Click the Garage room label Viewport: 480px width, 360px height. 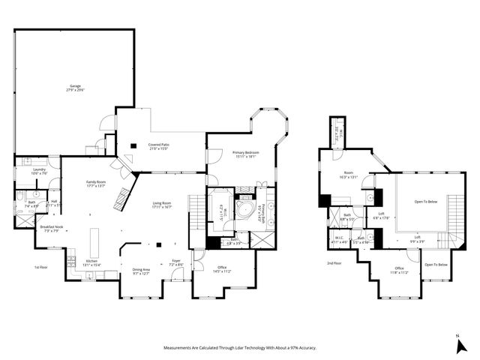tap(75, 86)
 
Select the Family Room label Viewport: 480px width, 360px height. tap(96, 182)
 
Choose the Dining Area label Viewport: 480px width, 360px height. tap(141, 269)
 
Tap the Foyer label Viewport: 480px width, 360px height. tap(176, 262)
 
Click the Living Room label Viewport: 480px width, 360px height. tap(163, 203)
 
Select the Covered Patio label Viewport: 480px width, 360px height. tap(157, 145)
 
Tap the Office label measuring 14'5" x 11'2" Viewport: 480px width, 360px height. tap(223, 268)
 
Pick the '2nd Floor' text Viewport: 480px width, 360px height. tap(334, 263)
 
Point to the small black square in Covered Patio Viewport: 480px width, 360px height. tap(133, 145)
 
